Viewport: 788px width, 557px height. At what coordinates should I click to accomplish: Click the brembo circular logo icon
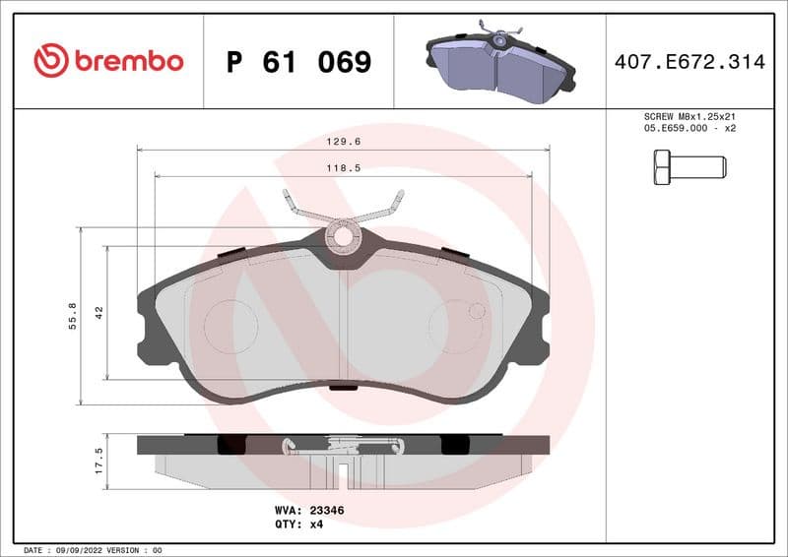[x=51, y=61]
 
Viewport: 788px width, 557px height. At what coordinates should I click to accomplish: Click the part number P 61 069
[x=298, y=62]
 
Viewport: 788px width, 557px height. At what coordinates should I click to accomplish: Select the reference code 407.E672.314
[x=689, y=62]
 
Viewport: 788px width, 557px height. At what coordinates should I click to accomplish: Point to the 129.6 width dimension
[x=343, y=141]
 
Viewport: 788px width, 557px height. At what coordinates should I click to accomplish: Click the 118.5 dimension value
[x=343, y=168]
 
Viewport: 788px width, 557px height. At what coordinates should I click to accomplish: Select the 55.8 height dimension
[x=72, y=316]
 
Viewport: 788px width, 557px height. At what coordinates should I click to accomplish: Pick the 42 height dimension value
[x=98, y=313]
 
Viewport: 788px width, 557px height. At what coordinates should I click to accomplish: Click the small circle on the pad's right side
[x=477, y=311]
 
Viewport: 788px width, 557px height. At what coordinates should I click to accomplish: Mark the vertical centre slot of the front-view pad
[x=342, y=325]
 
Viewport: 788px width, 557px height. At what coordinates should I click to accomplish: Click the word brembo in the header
[x=129, y=61]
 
